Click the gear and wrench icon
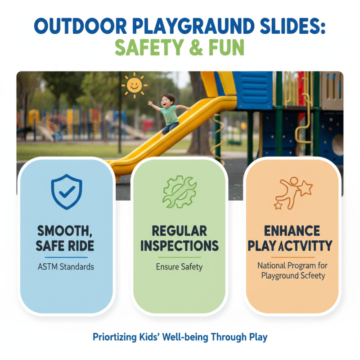180,191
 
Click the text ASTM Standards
67,266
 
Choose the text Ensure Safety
180,267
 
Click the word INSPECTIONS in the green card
180,246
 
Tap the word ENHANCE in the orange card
293,232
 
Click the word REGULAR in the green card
180,231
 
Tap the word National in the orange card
272,265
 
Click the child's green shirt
169,115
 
